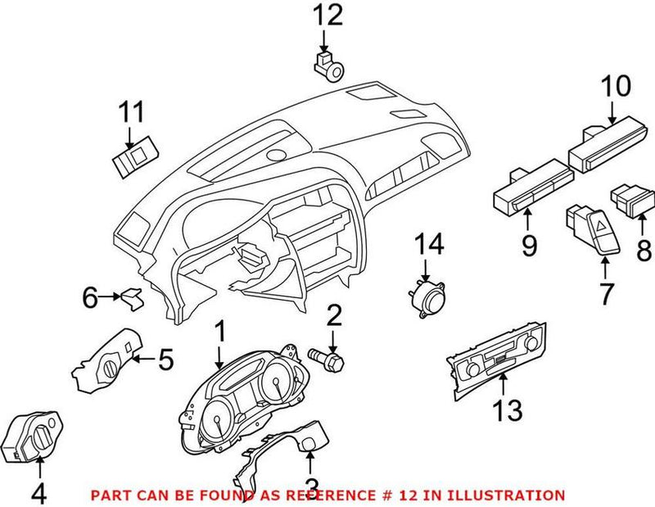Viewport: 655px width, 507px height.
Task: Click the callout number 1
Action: [219, 333]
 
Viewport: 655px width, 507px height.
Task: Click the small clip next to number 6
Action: [130, 298]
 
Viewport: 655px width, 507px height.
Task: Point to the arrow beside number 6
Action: [109, 298]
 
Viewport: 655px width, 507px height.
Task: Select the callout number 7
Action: [606, 293]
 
